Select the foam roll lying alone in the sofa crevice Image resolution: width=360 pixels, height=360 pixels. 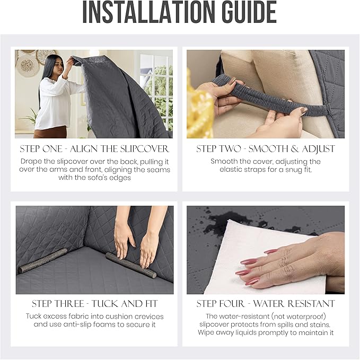point(43,260)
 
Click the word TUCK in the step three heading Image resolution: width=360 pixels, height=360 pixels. point(104,304)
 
